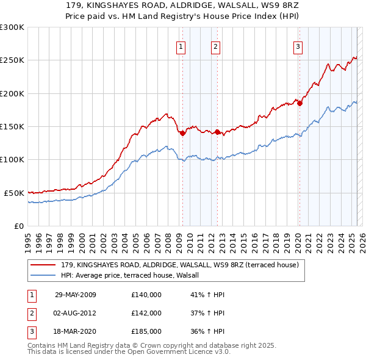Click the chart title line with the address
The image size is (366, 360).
[182, 5]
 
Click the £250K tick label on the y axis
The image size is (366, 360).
[12, 60]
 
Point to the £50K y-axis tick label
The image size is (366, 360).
[14, 193]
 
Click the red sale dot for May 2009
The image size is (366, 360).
[182, 134]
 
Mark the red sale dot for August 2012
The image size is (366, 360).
[217, 132]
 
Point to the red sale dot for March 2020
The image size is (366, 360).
[300, 104]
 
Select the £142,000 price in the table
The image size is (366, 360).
[146, 313]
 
